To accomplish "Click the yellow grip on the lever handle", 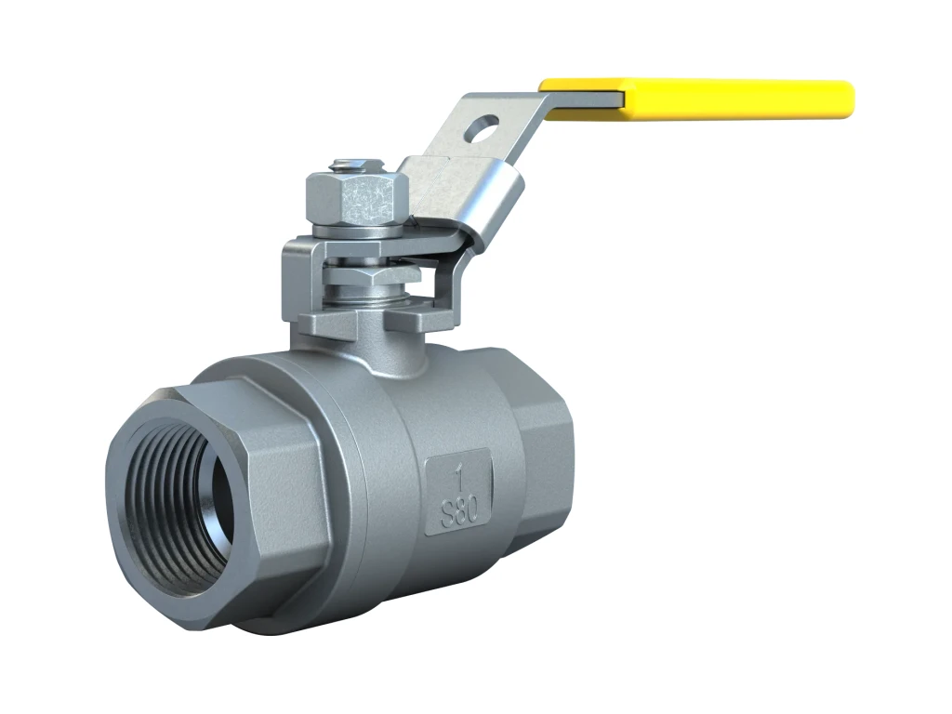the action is click(697, 99).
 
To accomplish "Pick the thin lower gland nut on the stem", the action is click(371, 277).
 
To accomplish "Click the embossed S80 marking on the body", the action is click(457, 512).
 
